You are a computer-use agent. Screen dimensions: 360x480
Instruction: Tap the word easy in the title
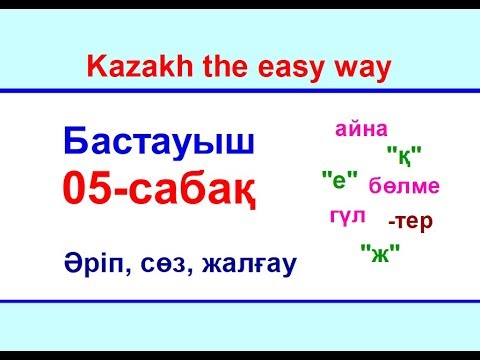pyautogui.click(x=302, y=68)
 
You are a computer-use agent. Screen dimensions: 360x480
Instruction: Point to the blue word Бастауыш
pyautogui.click(x=159, y=143)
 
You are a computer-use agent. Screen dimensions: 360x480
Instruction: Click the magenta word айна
pyautogui.click(x=361, y=129)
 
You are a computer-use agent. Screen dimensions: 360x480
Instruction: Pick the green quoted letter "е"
pyautogui.click(x=340, y=180)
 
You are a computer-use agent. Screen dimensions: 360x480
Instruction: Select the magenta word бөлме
pyautogui.click(x=403, y=186)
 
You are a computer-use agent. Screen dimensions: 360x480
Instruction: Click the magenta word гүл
pyautogui.click(x=347, y=214)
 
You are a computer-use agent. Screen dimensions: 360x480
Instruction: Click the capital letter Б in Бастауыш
pyautogui.click(x=77, y=143)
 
